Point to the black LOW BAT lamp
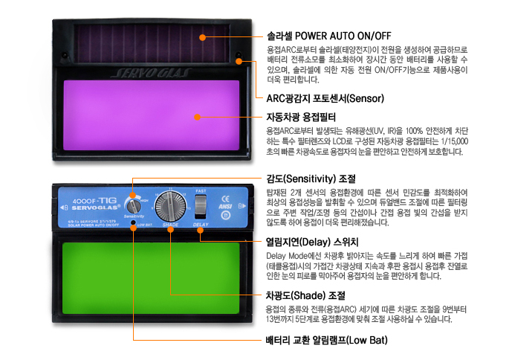134,222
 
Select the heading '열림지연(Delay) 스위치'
312,242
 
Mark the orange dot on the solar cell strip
201,35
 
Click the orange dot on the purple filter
198,117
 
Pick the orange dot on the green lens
171,295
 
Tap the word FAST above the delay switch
201,191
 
